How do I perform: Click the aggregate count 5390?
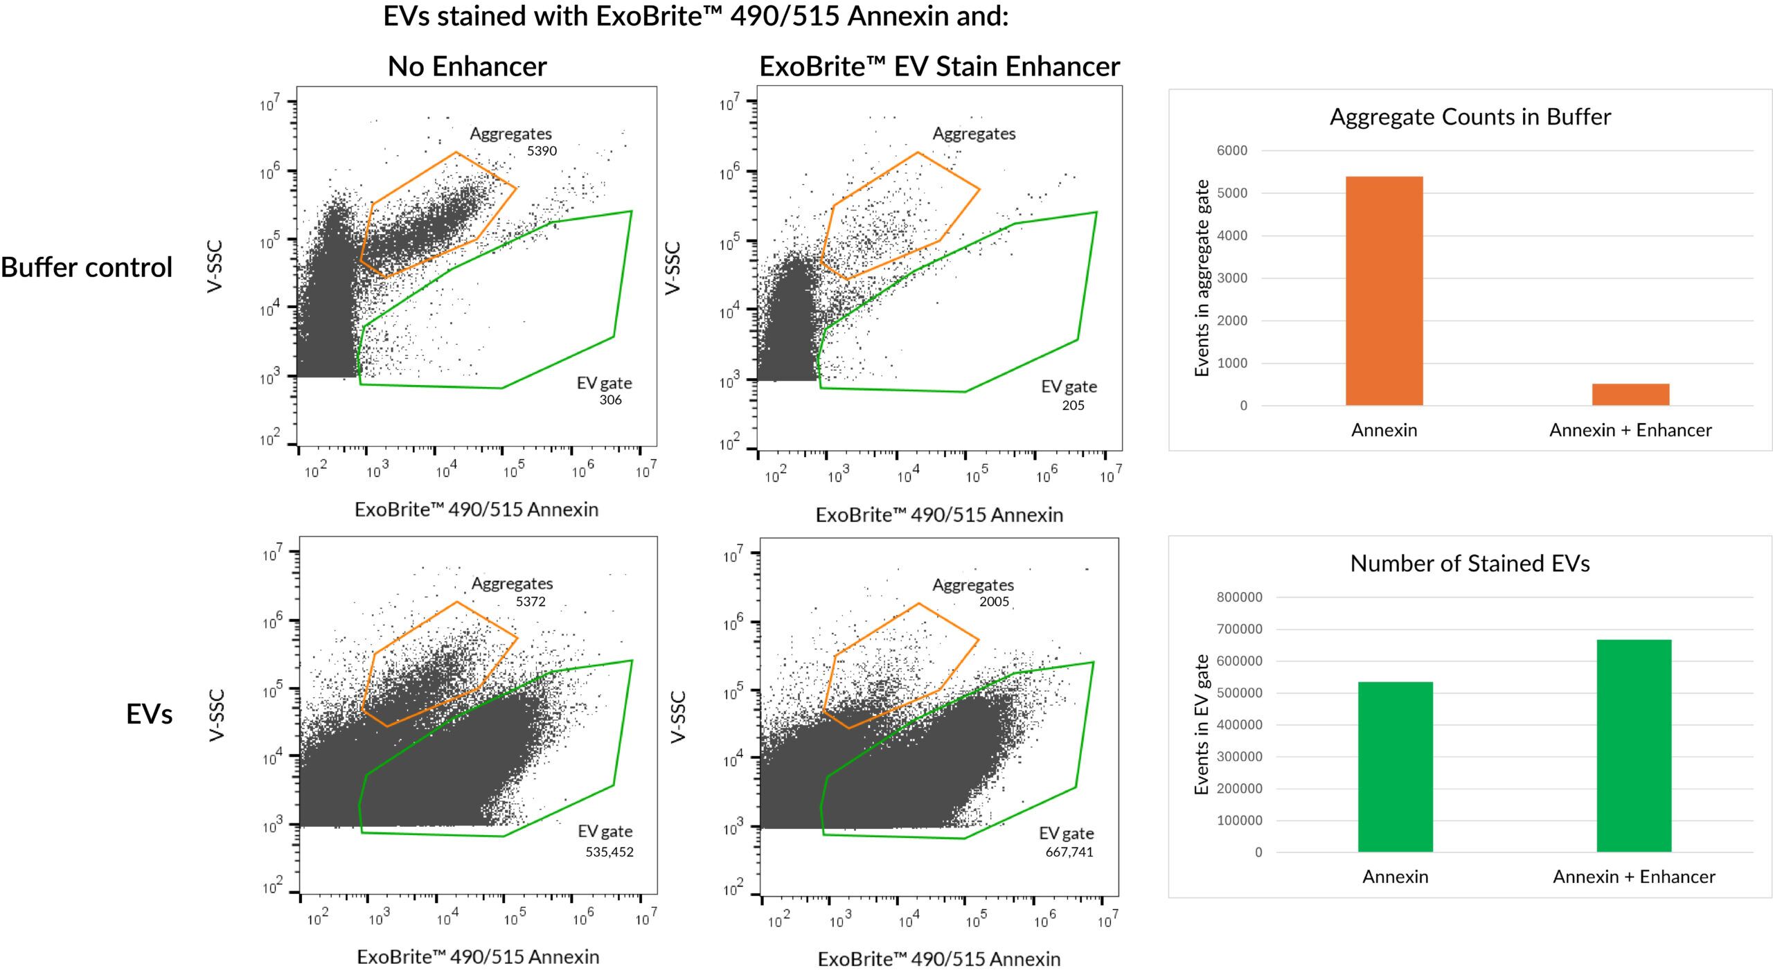tap(542, 151)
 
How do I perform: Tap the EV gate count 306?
tap(610, 400)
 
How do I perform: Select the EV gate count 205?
tap(1073, 406)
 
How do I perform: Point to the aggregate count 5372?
tap(531, 602)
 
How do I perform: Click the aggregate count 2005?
tap(994, 602)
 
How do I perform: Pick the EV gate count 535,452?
tap(609, 852)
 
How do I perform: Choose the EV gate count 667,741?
tap(1069, 852)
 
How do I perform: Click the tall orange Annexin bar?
tap(1384, 291)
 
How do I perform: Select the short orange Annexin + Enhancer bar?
tap(1630, 394)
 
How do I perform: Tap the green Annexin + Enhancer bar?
tap(1634, 746)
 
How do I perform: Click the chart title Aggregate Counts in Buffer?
tap(1470, 117)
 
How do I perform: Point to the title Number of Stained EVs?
tap(1470, 564)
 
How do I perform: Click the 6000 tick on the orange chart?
tap(1231, 151)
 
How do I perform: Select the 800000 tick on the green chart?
tap(1239, 598)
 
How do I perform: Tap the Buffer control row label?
tap(87, 267)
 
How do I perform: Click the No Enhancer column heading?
tap(467, 66)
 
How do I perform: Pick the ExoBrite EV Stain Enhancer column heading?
tap(939, 66)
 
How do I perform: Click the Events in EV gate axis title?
tap(1202, 724)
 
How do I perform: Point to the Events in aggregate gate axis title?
tap(1202, 278)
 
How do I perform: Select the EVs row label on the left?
tap(149, 714)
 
